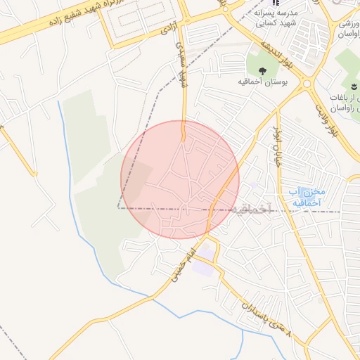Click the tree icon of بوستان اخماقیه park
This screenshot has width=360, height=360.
tap(262, 70)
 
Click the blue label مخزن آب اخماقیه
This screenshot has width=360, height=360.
tap(304, 197)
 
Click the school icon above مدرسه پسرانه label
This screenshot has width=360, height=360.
tap(275, 4)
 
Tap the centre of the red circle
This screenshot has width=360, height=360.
tap(180, 179)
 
